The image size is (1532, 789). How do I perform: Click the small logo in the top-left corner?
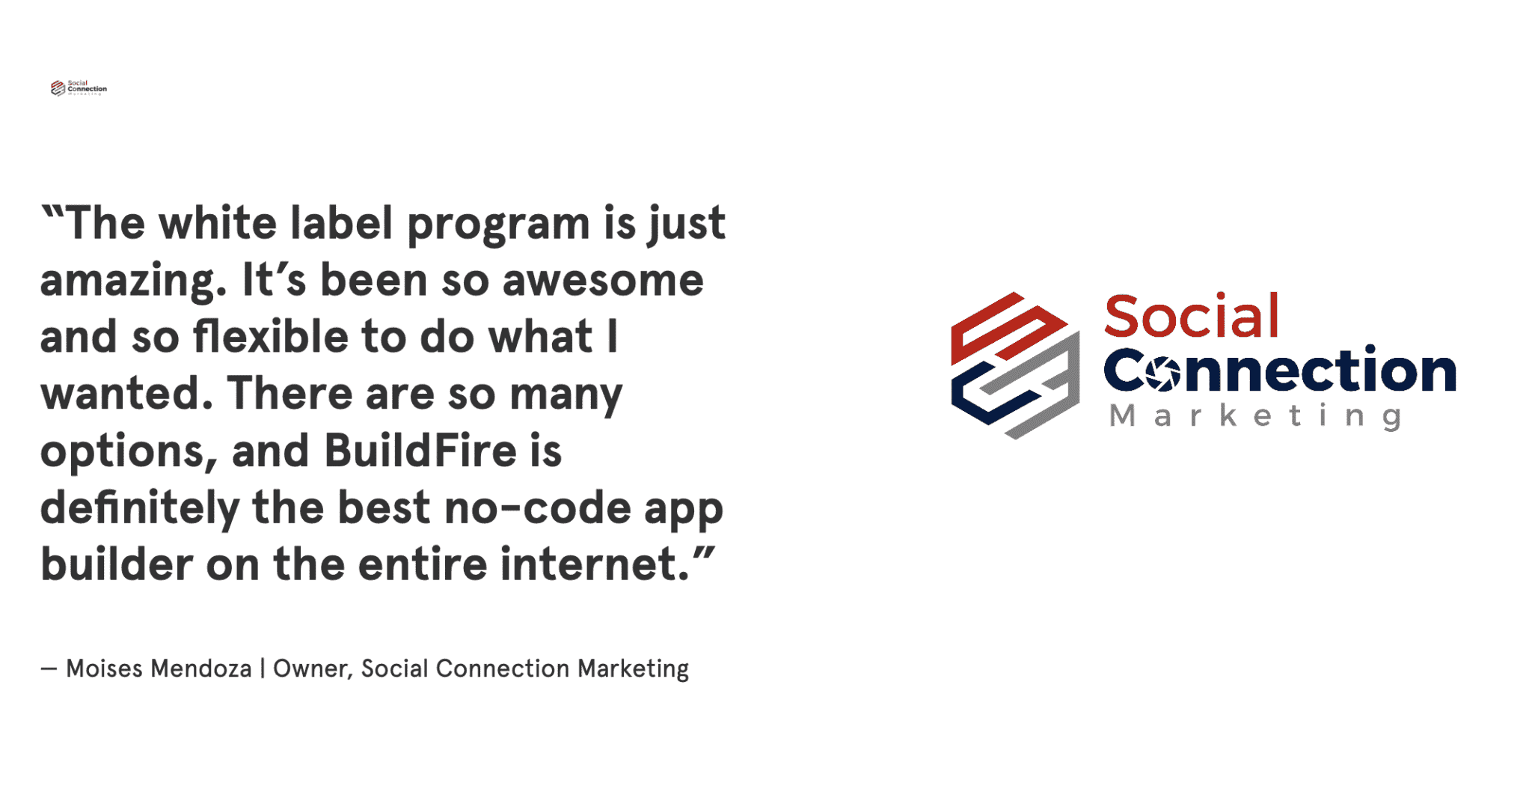[x=79, y=88]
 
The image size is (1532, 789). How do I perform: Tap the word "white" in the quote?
[x=218, y=223]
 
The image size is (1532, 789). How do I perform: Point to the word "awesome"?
[x=603, y=281]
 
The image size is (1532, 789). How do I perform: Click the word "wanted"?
[x=120, y=394]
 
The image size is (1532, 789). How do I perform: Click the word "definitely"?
[x=140, y=509]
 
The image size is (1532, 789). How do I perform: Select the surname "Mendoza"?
[x=201, y=668]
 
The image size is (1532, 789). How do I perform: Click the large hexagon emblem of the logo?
[x=1015, y=365]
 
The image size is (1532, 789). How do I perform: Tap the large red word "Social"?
[x=1192, y=316]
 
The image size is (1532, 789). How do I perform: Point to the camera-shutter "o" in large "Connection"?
[x=1161, y=372]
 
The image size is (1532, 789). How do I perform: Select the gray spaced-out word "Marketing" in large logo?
[x=1256, y=416]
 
